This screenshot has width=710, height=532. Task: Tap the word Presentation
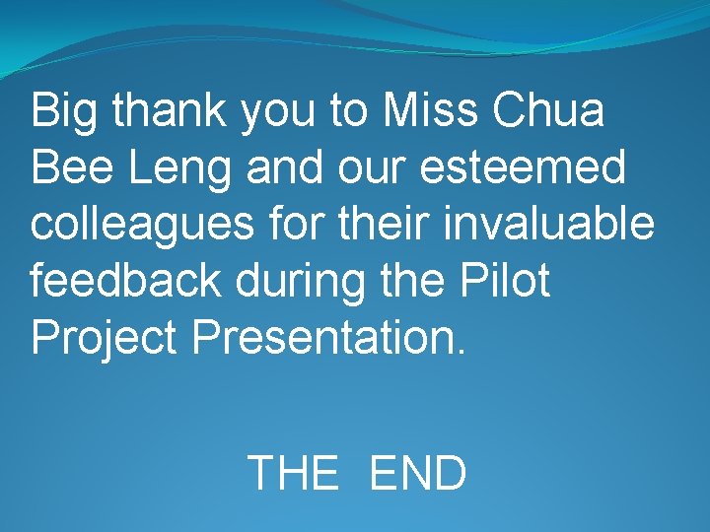point(320,337)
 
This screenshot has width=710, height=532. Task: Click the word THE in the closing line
point(292,474)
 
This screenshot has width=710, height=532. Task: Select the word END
point(417,474)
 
